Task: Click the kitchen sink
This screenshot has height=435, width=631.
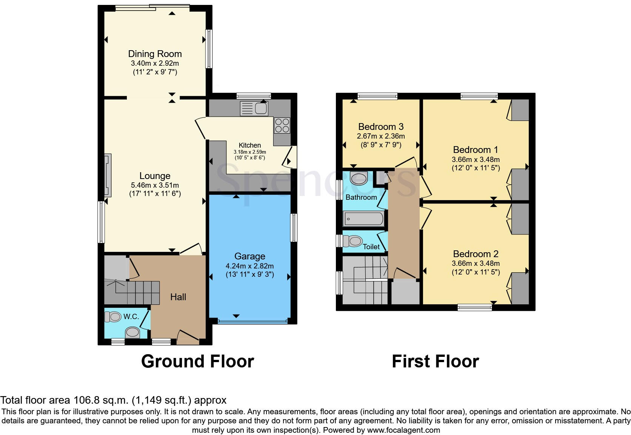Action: click(x=254, y=109)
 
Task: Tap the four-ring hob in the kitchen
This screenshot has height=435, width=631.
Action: click(x=282, y=126)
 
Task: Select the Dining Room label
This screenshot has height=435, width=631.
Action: click(x=155, y=54)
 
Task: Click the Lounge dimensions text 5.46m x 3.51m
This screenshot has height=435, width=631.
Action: click(x=155, y=185)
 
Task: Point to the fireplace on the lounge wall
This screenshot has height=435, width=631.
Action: click(x=108, y=175)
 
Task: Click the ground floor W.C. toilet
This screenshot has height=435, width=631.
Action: click(x=111, y=317)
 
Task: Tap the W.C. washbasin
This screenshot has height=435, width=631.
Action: click(x=132, y=333)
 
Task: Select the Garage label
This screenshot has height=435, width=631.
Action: click(x=249, y=256)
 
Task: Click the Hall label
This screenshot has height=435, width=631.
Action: click(x=178, y=297)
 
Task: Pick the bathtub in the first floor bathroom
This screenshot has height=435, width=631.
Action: click(x=363, y=219)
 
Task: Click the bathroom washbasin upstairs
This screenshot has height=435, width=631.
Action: click(x=359, y=178)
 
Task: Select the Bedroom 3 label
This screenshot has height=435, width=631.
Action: click(x=381, y=127)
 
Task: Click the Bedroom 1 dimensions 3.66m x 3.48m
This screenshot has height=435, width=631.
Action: click(x=476, y=159)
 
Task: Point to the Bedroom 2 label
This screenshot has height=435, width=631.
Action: click(x=476, y=254)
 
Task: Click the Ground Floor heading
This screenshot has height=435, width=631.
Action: click(x=197, y=361)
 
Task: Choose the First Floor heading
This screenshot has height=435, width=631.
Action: click(x=435, y=361)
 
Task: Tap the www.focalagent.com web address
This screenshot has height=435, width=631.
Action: click(x=403, y=430)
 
